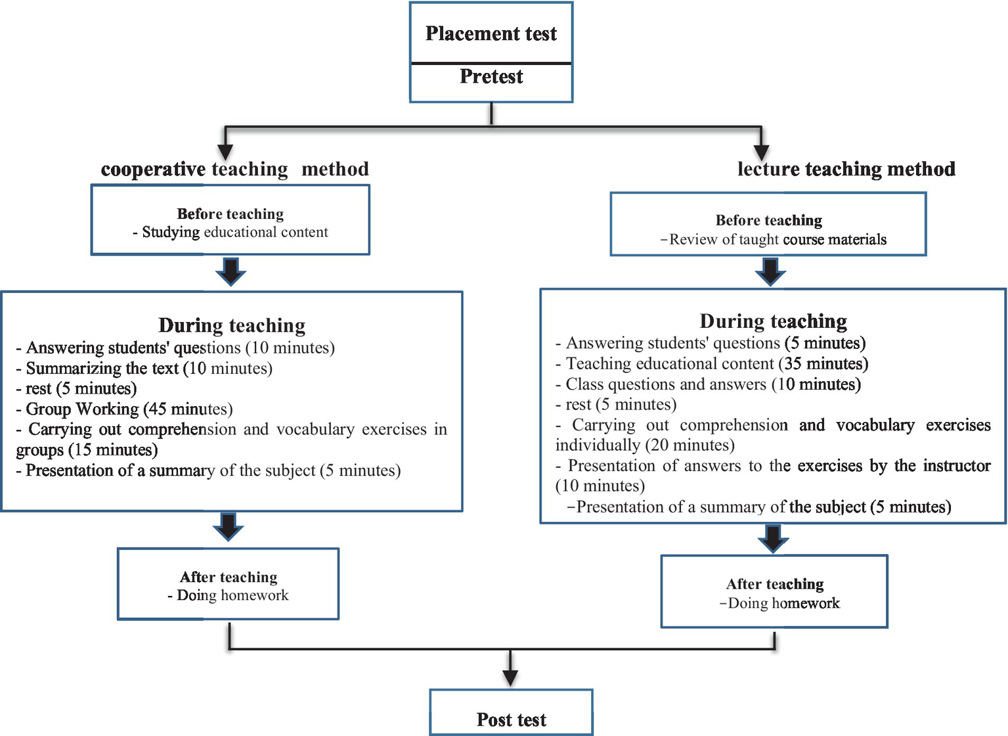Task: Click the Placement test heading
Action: pyautogui.click(x=491, y=34)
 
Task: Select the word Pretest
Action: pyautogui.click(x=491, y=77)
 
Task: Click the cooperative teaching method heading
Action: pyautogui.click(x=234, y=170)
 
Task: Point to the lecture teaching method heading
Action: pyautogui.click(x=846, y=170)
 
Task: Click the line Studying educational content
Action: pyautogui.click(x=230, y=233)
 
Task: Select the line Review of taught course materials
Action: pyautogui.click(x=773, y=240)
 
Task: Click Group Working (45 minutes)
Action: pyautogui.click(x=125, y=409)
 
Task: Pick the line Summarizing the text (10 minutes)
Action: pyautogui.click(x=144, y=369)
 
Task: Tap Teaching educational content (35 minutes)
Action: pyautogui.click(x=712, y=364)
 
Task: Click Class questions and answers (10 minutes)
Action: pyautogui.click(x=709, y=384)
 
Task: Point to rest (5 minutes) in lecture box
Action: pyautogui.click(x=616, y=405)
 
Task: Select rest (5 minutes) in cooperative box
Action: pyautogui.click(x=76, y=389)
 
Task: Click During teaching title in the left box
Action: pyautogui.click(x=232, y=325)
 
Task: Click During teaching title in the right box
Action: pyautogui.click(x=773, y=321)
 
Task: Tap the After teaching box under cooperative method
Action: pyautogui.click(x=228, y=584)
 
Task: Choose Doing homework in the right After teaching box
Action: pyautogui.click(x=779, y=603)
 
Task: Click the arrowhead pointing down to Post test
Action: pyautogui.click(x=510, y=678)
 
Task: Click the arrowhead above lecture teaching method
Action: pyautogui.click(x=761, y=152)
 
